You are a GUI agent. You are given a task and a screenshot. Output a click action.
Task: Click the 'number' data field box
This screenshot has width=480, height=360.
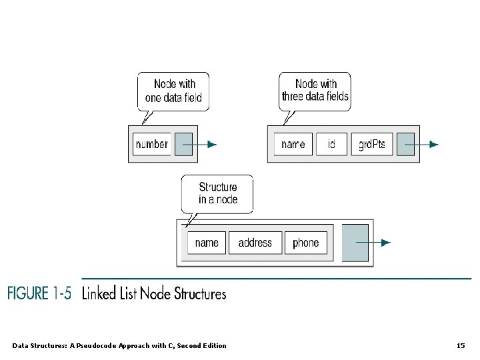click(152, 144)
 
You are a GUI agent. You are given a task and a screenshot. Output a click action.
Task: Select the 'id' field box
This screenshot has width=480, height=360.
click(331, 144)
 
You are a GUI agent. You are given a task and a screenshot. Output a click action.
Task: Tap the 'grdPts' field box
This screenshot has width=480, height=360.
click(372, 144)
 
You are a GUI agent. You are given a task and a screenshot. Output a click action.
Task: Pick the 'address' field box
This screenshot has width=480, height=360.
click(255, 243)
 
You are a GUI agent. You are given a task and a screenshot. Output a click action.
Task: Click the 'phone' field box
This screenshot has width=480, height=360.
click(306, 243)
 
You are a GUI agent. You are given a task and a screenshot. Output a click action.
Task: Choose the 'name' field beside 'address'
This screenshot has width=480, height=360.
click(207, 243)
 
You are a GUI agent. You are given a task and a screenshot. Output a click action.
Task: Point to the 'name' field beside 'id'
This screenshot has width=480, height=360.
click(293, 144)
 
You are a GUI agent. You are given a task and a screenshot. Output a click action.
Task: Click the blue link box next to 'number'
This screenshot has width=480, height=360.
click(183, 144)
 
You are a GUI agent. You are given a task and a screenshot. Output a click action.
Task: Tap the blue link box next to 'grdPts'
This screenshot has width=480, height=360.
click(405, 144)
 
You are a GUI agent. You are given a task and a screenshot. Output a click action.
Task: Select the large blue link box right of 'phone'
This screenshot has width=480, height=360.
click(355, 243)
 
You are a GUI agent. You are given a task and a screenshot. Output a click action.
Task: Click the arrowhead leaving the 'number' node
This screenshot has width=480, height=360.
click(212, 144)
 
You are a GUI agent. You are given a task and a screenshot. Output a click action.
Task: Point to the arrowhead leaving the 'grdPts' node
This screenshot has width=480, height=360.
click(434, 144)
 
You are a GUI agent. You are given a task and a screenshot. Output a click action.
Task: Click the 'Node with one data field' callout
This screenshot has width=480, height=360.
click(173, 91)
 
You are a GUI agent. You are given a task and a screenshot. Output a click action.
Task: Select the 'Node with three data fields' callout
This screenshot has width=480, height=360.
click(315, 91)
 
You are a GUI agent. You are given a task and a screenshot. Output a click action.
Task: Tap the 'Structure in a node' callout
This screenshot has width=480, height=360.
click(218, 193)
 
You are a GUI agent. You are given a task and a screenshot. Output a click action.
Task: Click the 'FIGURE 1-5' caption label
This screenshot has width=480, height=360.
click(39, 293)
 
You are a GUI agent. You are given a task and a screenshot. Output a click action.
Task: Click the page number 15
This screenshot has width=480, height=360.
click(461, 345)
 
